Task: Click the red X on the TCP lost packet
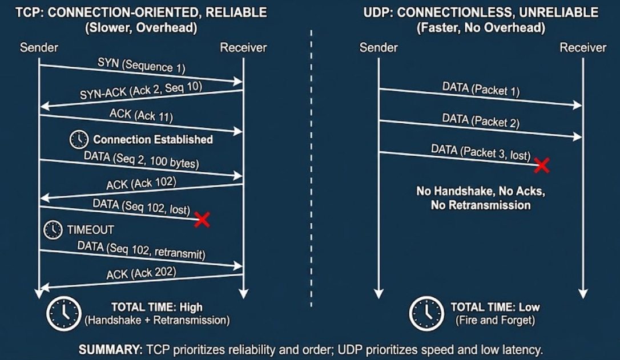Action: pos(202,220)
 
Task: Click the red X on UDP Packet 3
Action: pos(541,165)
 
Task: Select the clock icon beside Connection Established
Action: pos(79,139)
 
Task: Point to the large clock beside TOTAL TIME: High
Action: pos(63,313)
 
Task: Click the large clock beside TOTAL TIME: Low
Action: pos(426,313)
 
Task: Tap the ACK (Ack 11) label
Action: pos(141,116)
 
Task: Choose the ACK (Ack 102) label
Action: pos(141,184)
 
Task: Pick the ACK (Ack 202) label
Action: pos(141,274)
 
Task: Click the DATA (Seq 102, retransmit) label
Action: pos(144,249)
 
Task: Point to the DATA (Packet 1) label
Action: pos(481,90)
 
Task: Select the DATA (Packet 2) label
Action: pos(481,122)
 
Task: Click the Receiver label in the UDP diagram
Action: pos(582,47)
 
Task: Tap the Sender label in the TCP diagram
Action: pos(39,47)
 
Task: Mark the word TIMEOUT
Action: pos(90,230)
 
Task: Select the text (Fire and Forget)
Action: pos(495,320)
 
